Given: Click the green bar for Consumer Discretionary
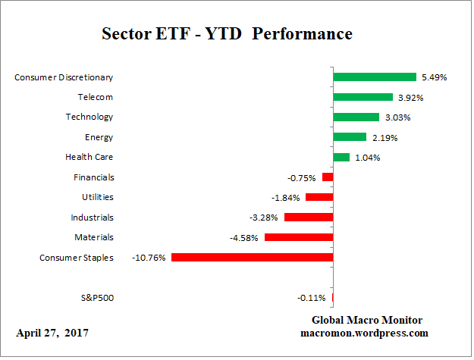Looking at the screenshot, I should [375, 77].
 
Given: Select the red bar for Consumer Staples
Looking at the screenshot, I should [252, 258].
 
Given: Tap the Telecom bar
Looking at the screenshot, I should [363, 97].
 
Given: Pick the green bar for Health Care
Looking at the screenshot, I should [341, 157].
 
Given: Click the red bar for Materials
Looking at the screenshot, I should [299, 237].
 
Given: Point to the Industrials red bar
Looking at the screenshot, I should [309, 218].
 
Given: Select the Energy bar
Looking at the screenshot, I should [350, 137].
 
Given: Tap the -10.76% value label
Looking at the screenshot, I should [150, 258].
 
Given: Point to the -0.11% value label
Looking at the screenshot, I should [312, 298].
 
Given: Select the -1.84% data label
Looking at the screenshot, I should [287, 197].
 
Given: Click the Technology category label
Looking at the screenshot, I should [89, 117].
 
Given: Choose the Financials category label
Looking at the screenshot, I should [94, 177].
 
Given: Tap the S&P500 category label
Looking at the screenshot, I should [97, 297].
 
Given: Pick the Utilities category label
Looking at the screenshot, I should [98, 197].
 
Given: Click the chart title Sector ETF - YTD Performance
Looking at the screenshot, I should [228, 35].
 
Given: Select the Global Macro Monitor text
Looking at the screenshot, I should [367, 320].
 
